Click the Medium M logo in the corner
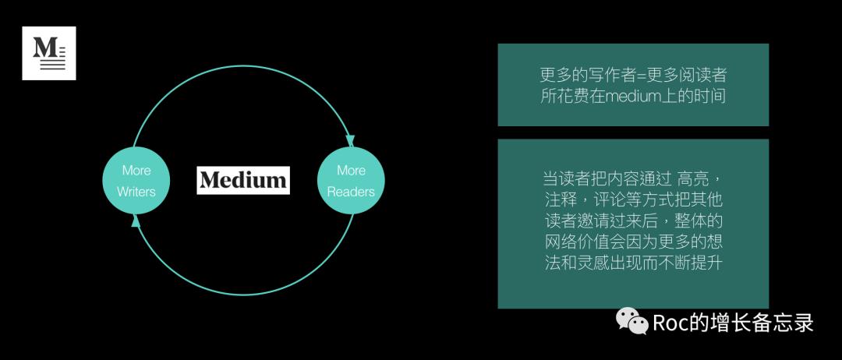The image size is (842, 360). pos(48,53)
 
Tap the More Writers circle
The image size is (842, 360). pos(136,180)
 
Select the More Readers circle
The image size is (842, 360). pos(351,180)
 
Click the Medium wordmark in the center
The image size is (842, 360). pos(242,180)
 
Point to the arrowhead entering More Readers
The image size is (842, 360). pos(350,139)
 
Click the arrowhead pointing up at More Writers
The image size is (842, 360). pos(136,221)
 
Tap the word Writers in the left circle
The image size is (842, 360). pos(136,192)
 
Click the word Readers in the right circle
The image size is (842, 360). pos(351,192)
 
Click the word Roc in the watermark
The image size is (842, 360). pos(670,322)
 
